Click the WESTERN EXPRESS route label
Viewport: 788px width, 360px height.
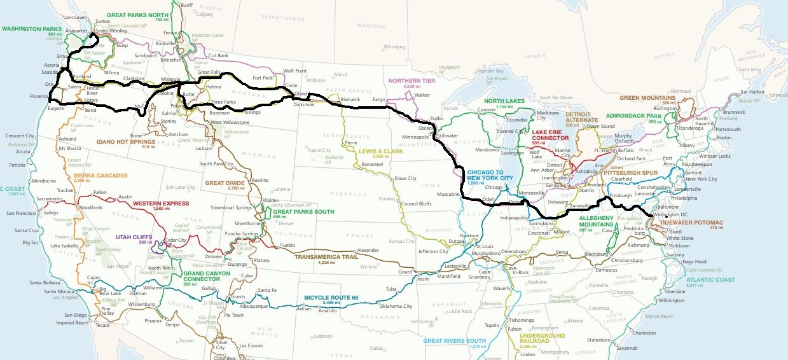point(161,204)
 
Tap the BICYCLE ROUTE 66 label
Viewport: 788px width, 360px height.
point(331,297)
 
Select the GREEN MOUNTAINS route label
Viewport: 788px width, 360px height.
point(647,98)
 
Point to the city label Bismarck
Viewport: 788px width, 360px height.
point(350,100)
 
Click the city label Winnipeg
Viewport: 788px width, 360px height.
point(394,46)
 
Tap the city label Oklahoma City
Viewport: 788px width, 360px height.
point(396,306)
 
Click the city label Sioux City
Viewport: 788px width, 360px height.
point(405,179)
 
